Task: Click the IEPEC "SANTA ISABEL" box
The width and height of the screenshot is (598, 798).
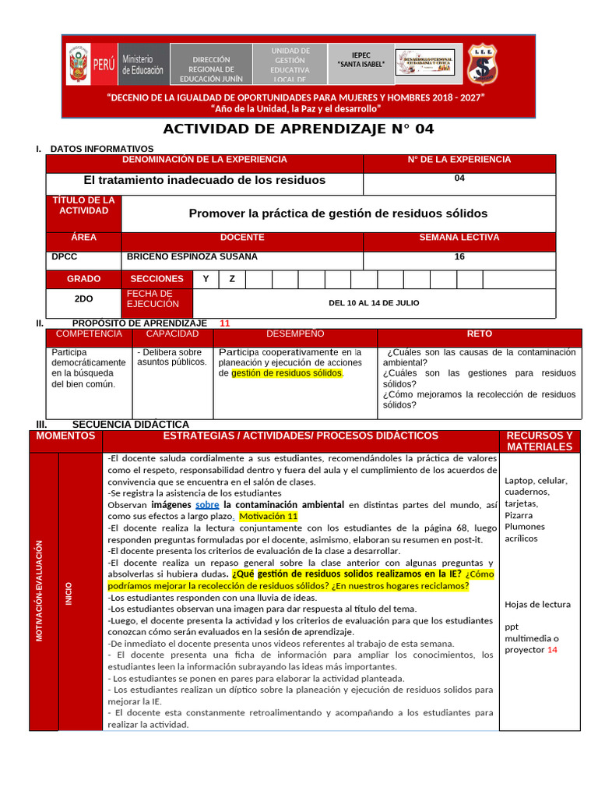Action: (x=361, y=60)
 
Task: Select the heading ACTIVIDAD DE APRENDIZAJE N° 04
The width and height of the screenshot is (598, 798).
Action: (x=298, y=129)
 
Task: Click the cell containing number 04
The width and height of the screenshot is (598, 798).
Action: (x=459, y=178)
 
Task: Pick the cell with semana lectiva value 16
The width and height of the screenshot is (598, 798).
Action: (x=459, y=256)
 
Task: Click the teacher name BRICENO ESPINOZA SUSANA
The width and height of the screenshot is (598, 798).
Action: (x=192, y=256)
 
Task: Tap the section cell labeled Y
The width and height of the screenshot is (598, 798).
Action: (x=206, y=279)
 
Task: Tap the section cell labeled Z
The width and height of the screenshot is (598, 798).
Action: (x=232, y=279)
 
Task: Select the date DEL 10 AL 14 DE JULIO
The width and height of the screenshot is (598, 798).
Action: (x=374, y=302)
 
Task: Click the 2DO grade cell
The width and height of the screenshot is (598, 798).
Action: (x=83, y=298)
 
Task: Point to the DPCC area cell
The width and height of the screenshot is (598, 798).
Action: (x=65, y=256)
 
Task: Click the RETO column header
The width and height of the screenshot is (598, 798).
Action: (x=479, y=334)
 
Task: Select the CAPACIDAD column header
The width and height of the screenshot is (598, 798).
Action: (x=172, y=334)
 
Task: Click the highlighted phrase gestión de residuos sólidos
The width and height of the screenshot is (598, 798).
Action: (x=287, y=373)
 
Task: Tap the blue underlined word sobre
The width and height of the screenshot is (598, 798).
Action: (x=207, y=505)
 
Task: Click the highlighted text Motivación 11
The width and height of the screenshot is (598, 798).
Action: (x=268, y=517)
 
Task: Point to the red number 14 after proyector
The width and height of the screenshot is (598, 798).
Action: (x=552, y=650)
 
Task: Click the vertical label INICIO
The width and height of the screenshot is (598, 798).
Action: (x=69, y=594)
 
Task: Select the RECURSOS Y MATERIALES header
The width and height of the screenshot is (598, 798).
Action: (x=539, y=441)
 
